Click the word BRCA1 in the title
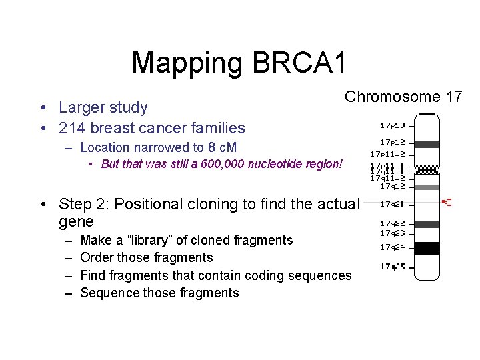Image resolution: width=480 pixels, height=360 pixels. pyautogui.click(x=300, y=63)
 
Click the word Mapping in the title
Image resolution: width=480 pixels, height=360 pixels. pyautogui.click(x=188, y=63)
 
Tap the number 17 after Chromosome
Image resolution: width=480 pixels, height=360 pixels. pyautogui.click(x=454, y=97)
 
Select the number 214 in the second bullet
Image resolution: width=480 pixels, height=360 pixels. pyautogui.click(x=71, y=128)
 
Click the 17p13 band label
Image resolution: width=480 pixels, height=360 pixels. pyautogui.click(x=393, y=125)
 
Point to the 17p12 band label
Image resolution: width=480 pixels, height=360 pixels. pyautogui.click(x=393, y=142)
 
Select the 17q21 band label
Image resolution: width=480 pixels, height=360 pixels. pyautogui.click(x=393, y=203)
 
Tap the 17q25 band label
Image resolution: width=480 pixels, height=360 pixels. pyautogui.click(x=393, y=266)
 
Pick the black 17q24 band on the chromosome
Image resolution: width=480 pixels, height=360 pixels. pyautogui.click(x=427, y=248)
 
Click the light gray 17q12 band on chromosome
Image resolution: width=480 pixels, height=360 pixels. pyautogui.click(x=427, y=187)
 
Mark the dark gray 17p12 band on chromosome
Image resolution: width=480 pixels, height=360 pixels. pyautogui.click(x=427, y=144)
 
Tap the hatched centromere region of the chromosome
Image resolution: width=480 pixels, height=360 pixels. pyautogui.click(x=427, y=169)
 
